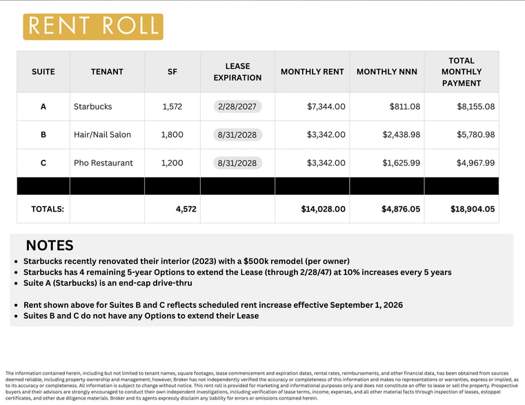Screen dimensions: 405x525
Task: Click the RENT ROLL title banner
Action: click(x=93, y=26)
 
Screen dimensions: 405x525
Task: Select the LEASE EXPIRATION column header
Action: click(x=237, y=72)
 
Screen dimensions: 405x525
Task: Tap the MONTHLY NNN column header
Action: click(x=386, y=72)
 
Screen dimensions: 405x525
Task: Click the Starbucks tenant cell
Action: click(x=92, y=107)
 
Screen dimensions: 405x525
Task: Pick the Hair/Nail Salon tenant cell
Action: click(x=102, y=135)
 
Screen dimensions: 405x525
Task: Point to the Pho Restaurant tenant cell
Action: click(x=103, y=163)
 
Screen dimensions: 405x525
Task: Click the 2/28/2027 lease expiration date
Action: click(x=237, y=107)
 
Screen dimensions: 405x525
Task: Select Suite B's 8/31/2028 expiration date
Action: click(x=237, y=135)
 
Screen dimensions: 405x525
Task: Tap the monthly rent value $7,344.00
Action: click(x=326, y=107)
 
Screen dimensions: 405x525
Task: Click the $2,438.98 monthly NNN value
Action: click(x=401, y=135)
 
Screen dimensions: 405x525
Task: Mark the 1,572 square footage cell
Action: click(x=172, y=107)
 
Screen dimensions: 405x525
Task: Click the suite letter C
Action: click(x=43, y=163)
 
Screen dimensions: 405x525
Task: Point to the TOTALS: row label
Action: click(x=48, y=209)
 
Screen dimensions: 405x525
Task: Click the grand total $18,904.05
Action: click(x=473, y=209)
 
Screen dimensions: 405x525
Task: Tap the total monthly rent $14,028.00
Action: click(x=323, y=209)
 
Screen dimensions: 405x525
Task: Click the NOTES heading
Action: click(x=50, y=246)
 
